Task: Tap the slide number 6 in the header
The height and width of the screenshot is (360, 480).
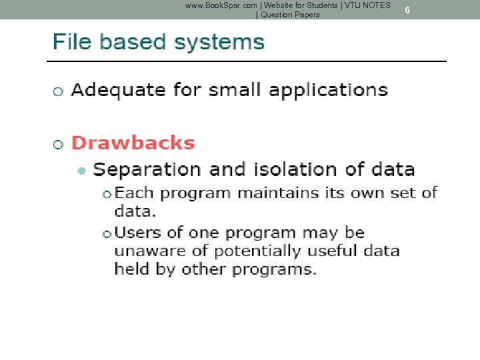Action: point(407,10)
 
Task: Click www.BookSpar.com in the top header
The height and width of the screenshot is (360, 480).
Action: point(221,5)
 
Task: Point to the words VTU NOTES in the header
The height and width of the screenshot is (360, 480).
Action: point(367,5)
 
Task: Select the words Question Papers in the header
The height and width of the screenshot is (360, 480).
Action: point(290,15)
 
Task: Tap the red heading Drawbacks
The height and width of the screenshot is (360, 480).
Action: point(133,143)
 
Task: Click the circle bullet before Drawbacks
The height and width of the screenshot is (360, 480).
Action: point(58,144)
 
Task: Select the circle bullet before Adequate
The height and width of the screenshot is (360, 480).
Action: point(58,91)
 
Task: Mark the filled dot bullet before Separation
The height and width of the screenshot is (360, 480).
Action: point(81,171)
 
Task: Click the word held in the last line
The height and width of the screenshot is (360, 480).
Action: point(129,269)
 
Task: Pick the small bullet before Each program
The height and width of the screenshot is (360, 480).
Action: point(107,194)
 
